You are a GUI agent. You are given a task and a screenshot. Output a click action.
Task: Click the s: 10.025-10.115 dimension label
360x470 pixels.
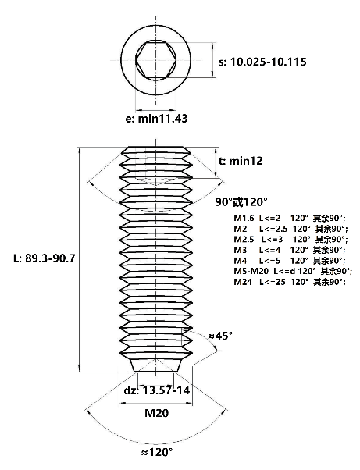(262, 62)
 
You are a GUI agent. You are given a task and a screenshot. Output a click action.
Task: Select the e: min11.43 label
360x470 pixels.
(156, 119)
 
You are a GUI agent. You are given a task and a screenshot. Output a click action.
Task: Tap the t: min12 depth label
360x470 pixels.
(241, 161)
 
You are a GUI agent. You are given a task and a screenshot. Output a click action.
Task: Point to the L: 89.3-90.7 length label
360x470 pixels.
(44, 258)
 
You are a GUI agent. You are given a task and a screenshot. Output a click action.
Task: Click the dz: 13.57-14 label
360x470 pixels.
(157, 390)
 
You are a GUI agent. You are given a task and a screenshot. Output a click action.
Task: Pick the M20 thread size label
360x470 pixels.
(157, 413)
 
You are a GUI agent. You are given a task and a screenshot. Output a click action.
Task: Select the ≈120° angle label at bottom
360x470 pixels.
(157, 451)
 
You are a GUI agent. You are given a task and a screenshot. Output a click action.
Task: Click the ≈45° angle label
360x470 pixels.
(220, 336)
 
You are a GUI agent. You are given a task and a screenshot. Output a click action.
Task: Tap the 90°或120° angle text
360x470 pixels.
(241, 202)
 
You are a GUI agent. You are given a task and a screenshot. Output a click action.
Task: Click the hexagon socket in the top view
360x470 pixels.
(155, 60)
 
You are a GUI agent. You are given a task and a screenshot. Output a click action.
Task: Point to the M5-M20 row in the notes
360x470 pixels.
(293, 272)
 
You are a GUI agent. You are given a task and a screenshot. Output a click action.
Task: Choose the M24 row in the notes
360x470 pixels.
(290, 282)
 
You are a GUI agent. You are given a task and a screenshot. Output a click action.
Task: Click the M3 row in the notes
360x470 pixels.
(290, 250)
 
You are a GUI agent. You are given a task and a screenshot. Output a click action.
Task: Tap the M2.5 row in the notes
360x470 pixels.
(290, 240)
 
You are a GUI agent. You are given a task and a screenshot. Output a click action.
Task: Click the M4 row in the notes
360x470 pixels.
(290, 261)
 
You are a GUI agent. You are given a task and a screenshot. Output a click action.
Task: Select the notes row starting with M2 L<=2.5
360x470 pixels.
(290, 229)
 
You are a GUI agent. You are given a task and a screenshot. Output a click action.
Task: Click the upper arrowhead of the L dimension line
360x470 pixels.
(80, 150)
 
